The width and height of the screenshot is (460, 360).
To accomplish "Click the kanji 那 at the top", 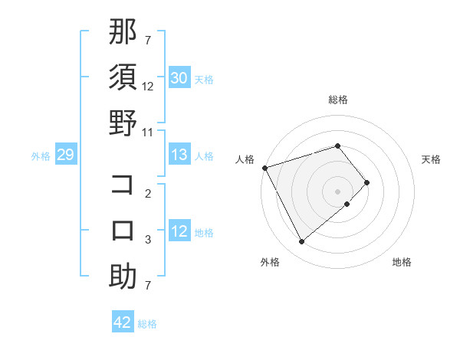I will (123, 33).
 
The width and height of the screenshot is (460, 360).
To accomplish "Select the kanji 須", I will (123, 78).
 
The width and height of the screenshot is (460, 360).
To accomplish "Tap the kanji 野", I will (123, 123).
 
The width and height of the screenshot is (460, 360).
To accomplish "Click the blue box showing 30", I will (179, 78).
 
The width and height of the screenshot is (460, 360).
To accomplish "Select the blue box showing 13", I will (179, 155).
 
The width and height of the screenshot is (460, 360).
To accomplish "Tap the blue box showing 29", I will (65, 155).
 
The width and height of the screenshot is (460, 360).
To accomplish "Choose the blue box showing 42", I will (123, 322).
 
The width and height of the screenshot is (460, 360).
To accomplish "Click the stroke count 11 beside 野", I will (148, 133).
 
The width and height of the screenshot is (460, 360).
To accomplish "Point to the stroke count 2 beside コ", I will (148, 194).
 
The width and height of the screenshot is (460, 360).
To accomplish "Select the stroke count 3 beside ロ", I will (148, 240).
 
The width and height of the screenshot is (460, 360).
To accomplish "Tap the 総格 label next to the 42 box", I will (147, 324).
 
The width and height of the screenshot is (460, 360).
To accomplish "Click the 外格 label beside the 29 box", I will (41, 156).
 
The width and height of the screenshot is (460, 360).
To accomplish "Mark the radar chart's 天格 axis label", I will (431, 159).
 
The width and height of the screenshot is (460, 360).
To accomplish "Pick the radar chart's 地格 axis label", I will (402, 262).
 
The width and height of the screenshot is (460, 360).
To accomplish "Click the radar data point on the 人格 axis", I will (264, 168).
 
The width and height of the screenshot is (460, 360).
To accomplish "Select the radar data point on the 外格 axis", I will (301, 242).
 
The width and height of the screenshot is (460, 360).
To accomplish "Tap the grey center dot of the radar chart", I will (338, 190).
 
